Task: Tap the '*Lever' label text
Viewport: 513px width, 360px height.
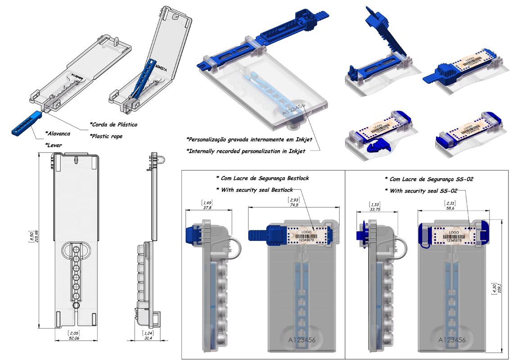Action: [x=54, y=145]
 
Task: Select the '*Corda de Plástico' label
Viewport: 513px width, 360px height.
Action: [x=113, y=124]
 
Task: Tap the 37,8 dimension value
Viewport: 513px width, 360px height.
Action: [x=208, y=207]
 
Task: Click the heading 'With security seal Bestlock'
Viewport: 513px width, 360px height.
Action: [x=255, y=189]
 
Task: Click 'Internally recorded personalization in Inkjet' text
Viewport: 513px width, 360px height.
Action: [x=246, y=151]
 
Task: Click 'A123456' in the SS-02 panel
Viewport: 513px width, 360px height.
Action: [x=452, y=340]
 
